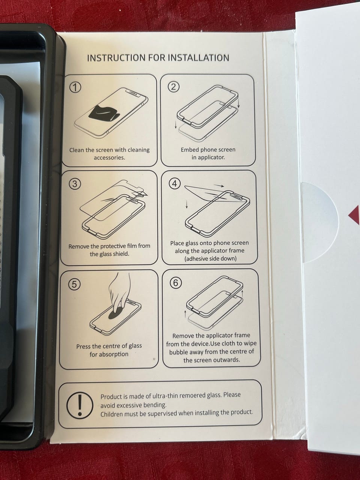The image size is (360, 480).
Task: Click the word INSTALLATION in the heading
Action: point(198,58)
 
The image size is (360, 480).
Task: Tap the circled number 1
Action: point(75,88)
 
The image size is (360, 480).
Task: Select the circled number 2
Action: point(174,87)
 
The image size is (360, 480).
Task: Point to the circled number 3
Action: point(75,184)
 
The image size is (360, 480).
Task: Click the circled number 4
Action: point(175,183)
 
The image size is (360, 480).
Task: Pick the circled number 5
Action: point(74,285)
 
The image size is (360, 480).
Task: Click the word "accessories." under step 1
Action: point(109,157)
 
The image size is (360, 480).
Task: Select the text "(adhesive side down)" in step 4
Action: point(210,259)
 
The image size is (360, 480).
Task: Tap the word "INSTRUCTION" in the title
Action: point(116,58)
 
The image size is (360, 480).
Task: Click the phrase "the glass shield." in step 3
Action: point(109,254)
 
